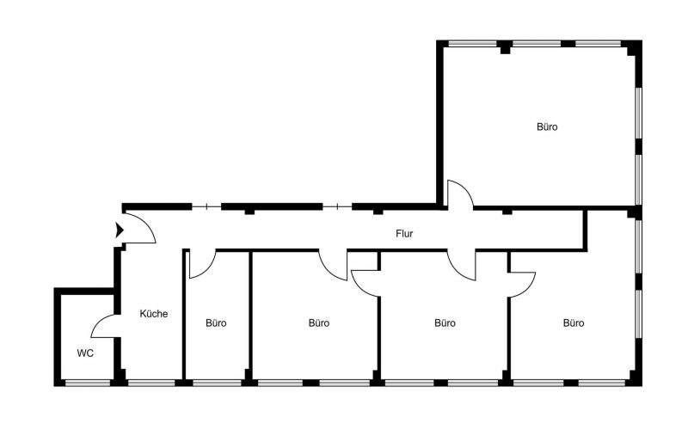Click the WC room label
pos(85,353)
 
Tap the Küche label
pos(154,314)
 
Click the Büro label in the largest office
pos(547,127)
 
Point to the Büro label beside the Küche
pos(216,323)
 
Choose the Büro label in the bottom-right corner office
pos(574,323)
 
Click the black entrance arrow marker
pos(119,230)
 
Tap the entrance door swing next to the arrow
pos(140,226)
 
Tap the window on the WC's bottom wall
pos(87,381)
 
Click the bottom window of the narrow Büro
pos(217,381)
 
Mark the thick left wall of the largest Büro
pos(440,120)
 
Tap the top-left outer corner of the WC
pos(57,292)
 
